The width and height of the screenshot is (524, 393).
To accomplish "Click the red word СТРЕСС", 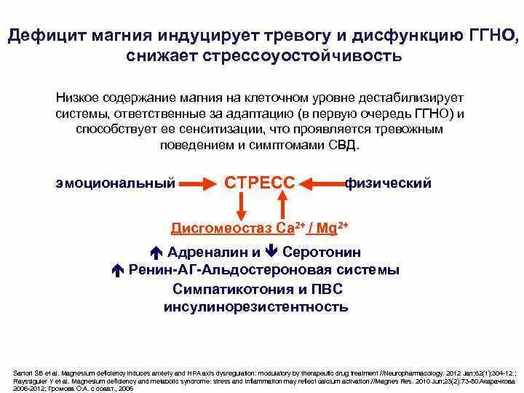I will point(260,183).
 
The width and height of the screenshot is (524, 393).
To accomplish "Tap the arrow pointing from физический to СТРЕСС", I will point(320,183).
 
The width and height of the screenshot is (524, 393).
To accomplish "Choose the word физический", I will point(388,183).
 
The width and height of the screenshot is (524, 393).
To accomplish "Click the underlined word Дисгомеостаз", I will point(222,229).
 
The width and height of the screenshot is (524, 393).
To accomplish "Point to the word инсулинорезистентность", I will point(256,306).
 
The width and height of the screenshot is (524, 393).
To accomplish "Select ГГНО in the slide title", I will point(488,35).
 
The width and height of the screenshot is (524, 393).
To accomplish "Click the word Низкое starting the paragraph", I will point(78,98).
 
